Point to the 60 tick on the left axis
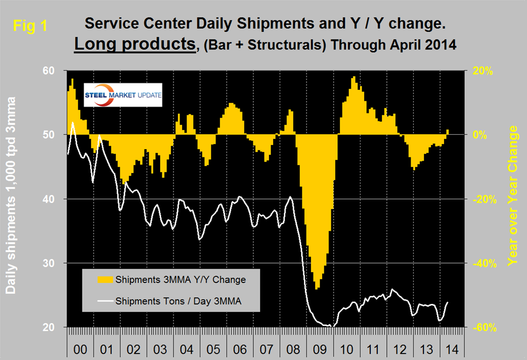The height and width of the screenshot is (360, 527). click(x=50, y=71)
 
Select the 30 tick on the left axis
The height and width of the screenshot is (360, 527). click(x=50, y=263)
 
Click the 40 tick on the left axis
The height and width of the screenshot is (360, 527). click(x=50, y=199)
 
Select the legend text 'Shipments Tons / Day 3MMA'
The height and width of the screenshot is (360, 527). click(x=178, y=300)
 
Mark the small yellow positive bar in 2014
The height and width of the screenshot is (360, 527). click(x=448, y=131)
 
